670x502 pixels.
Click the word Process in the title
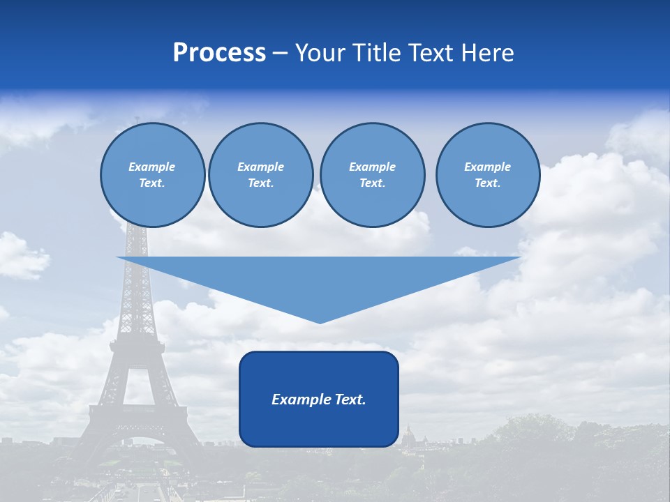(x=219, y=53)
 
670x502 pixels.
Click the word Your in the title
(x=322, y=53)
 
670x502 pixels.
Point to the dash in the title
(x=280, y=54)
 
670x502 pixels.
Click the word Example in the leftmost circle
(x=152, y=167)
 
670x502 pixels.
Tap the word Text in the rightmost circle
(x=487, y=183)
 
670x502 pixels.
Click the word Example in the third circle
(x=372, y=167)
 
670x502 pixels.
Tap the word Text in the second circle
(x=260, y=183)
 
